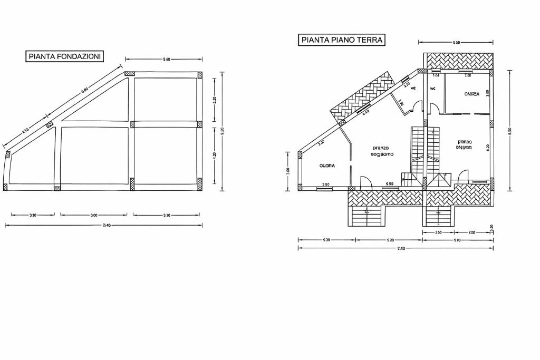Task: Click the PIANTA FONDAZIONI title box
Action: click(x=65, y=56)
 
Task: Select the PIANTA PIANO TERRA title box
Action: click(x=342, y=40)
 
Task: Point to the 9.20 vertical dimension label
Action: click(x=222, y=130)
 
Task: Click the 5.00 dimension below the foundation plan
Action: click(x=94, y=215)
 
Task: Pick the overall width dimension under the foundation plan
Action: click(x=105, y=226)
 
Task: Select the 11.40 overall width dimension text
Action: click(x=401, y=248)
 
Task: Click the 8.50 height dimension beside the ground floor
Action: click(x=510, y=131)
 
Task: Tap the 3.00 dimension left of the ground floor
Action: click(x=288, y=171)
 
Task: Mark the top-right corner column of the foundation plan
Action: click(x=200, y=75)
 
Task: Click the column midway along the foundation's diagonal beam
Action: click(x=50, y=124)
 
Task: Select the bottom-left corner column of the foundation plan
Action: click(x=5, y=187)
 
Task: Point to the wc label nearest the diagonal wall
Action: click(x=413, y=88)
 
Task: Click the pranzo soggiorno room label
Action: click(x=381, y=151)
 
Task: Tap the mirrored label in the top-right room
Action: click(x=471, y=94)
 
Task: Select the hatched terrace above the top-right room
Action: click(x=459, y=61)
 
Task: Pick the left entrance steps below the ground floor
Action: click(x=367, y=217)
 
